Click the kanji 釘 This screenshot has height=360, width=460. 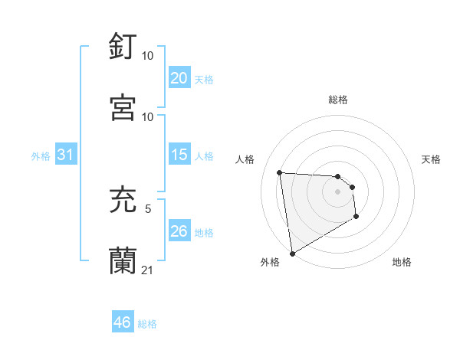[x=123, y=47]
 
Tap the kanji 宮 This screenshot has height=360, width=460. [x=123, y=107]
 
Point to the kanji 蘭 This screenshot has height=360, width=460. [x=123, y=260]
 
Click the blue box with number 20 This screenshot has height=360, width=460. [x=179, y=78]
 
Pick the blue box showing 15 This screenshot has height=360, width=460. [x=179, y=155]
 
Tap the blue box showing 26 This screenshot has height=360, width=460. [x=179, y=231]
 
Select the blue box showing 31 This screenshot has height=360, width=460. [x=66, y=155]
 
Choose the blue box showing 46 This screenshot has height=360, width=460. [x=123, y=322]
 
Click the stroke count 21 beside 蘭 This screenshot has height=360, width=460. [x=148, y=270]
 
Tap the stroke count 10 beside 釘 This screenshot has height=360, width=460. [x=148, y=56]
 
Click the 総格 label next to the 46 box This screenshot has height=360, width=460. [x=147, y=324]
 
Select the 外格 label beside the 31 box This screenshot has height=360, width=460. [x=41, y=156]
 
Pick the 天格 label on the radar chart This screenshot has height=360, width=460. [x=432, y=159]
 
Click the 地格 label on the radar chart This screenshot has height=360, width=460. [x=402, y=263]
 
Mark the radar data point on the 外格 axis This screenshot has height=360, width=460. [x=291, y=253]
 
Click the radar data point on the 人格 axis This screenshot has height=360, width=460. [x=280, y=172]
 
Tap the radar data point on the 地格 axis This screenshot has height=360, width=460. [x=356, y=217]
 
